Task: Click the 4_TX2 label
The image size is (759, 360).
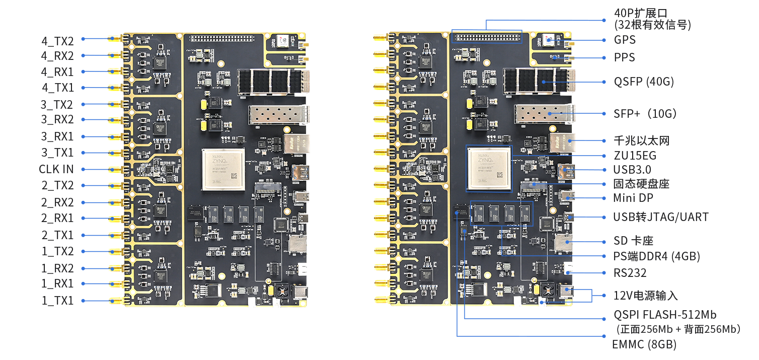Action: [57, 41]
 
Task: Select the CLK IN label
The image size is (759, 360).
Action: [56, 169]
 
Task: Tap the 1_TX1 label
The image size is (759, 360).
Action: [57, 301]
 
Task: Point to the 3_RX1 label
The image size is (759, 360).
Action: [57, 136]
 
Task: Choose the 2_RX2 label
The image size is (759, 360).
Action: [57, 202]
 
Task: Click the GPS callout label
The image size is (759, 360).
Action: [625, 40]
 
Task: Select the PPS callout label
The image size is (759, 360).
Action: [624, 57]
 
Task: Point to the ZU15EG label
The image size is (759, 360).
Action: [634, 156]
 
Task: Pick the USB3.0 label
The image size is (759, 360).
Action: [632, 170]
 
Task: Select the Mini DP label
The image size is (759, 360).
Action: [633, 198]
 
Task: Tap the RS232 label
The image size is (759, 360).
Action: [630, 273]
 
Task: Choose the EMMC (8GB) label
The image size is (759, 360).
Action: [644, 345]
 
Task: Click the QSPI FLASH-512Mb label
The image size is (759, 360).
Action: [664, 315]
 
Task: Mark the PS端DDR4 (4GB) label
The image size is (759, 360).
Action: [656, 257]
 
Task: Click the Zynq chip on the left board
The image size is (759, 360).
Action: [223, 169]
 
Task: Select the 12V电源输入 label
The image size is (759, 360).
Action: [646, 296]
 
